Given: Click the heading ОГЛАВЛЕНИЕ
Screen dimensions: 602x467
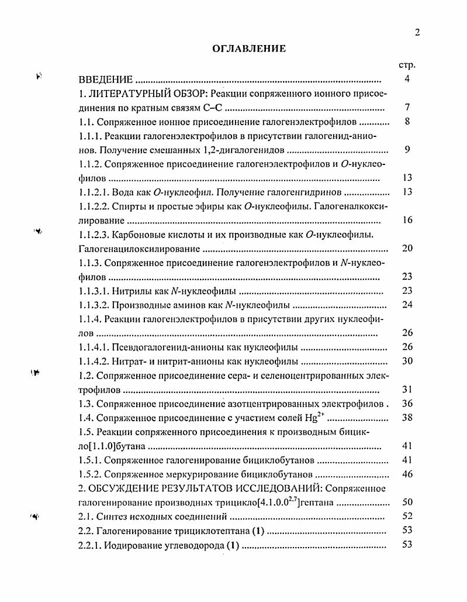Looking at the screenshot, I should pos(249,49).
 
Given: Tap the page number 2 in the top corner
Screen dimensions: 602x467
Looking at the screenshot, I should pos(417,33).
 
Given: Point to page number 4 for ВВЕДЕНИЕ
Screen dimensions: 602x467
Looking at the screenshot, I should pos(407,80).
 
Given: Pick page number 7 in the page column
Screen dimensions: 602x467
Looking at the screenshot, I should pos(407,108).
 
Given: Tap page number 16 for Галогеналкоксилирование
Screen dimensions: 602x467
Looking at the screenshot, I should pos(407,220).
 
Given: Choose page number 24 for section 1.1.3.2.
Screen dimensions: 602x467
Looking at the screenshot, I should pos(407,305).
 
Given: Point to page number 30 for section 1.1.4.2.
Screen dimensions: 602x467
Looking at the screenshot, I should pos(407,361).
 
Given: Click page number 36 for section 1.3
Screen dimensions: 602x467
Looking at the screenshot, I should pos(407,403).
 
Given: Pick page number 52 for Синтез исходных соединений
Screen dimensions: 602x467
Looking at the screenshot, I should pos(407,516).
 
